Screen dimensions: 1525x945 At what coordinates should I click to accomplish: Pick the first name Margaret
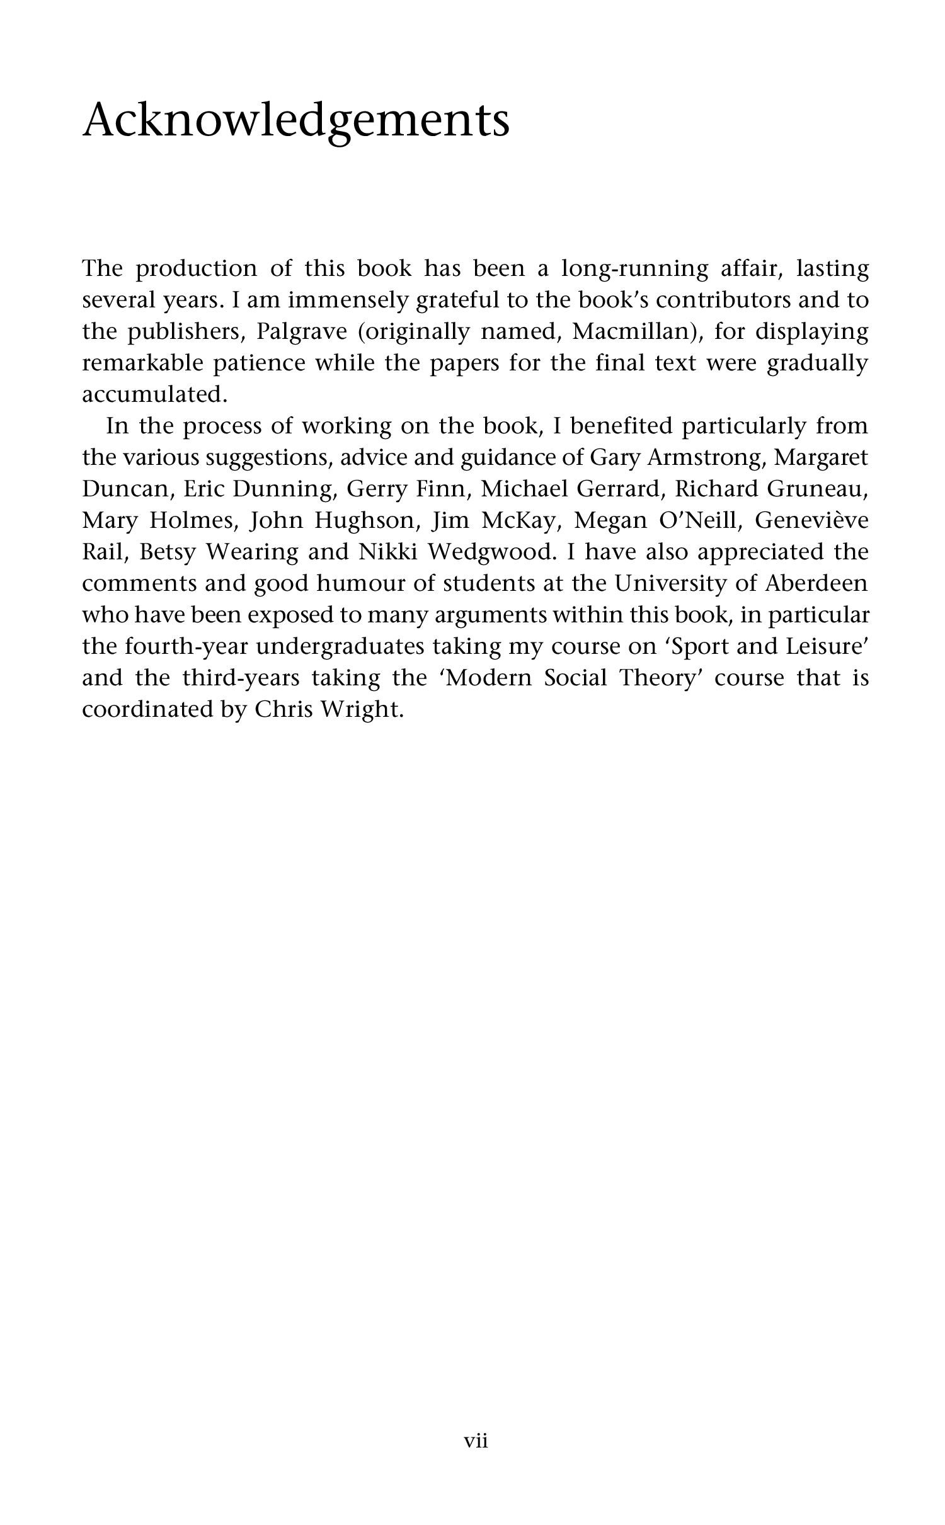click(x=821, y=458)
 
